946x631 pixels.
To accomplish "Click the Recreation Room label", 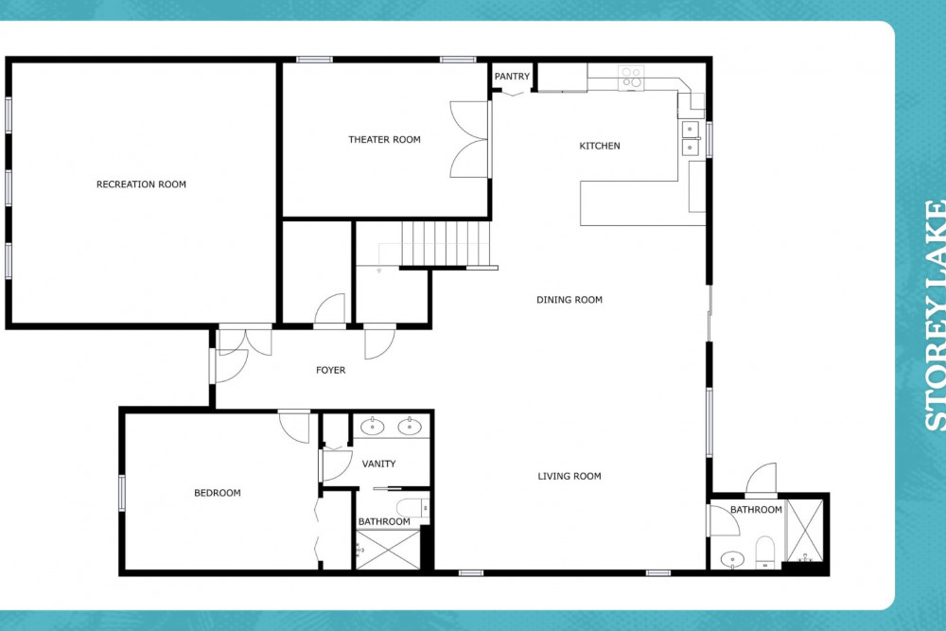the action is pyautogui.click(x=141, y=184).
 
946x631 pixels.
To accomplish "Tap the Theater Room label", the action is pyautogui.click(x=384, y=139).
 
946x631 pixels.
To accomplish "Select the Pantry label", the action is pyautogui.click(x=512, y=76).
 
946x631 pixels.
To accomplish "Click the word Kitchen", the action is pyautogui.click(x=600, y=146).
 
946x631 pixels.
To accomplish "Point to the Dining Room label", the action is pyautogui.click(x=569, y=299).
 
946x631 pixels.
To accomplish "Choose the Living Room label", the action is pyautogui.click(x=569, y=476).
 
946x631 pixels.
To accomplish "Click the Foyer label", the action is pyautogui.click(x=330, y=370).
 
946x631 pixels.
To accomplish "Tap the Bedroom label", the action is pyautogui.click(x=218, y=493).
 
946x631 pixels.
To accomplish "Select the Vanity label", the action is pyautogui.click(x=379, y=464).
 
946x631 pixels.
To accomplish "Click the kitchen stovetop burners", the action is pyautogui.click(x=631, y=78).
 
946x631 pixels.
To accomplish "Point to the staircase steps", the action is pyautogui.click(x=446, y=243).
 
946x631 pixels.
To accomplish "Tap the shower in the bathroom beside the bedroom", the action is pyautogui.click(x=388, y=550).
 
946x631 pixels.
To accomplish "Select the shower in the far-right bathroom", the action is pyautogui.click(x=805, y=531).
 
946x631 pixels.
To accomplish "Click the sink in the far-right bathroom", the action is pyautogui.click(x=732, y=559).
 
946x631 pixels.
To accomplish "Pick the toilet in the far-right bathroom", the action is pyautogui.click(x=765, y=552).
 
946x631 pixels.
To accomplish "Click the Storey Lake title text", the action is pyautogui.click(x=935, y=315).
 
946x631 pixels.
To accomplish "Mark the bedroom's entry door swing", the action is pyautogui.click(x=294, y=427).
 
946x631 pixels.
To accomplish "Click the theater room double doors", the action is pyautogui.click(x=469, y=139).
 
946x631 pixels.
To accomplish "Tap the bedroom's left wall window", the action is pyautogui.click(x=122, y=493).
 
